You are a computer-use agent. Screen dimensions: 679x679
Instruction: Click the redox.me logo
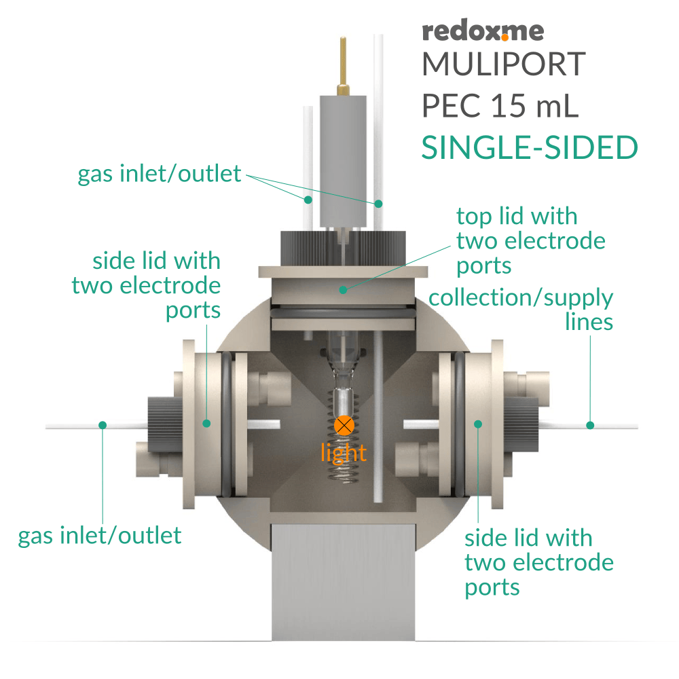coord(482,31)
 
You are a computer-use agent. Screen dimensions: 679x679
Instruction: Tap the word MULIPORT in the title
coord(503,65)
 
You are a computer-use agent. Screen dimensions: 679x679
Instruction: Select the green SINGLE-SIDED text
coord(530,148)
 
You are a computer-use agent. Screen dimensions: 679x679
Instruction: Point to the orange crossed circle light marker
coord(345,426)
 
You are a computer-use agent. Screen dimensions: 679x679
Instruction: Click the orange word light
coord(344,453)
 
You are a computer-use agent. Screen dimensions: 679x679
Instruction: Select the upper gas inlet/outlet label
coord(160,174)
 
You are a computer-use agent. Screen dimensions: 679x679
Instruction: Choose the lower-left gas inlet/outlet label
coord(100,536)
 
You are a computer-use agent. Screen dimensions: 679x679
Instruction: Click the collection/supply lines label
coord(521,309)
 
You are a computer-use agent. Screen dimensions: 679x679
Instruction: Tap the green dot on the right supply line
coord(590,425)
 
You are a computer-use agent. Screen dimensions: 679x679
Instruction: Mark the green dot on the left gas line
coord(103,425)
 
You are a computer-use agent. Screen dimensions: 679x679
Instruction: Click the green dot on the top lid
coord(344,289)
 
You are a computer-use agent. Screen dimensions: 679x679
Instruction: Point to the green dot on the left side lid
coord(207,423)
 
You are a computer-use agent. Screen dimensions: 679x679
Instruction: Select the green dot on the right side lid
coord(477,424)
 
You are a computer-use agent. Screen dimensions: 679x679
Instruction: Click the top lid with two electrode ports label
coord(530,241)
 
